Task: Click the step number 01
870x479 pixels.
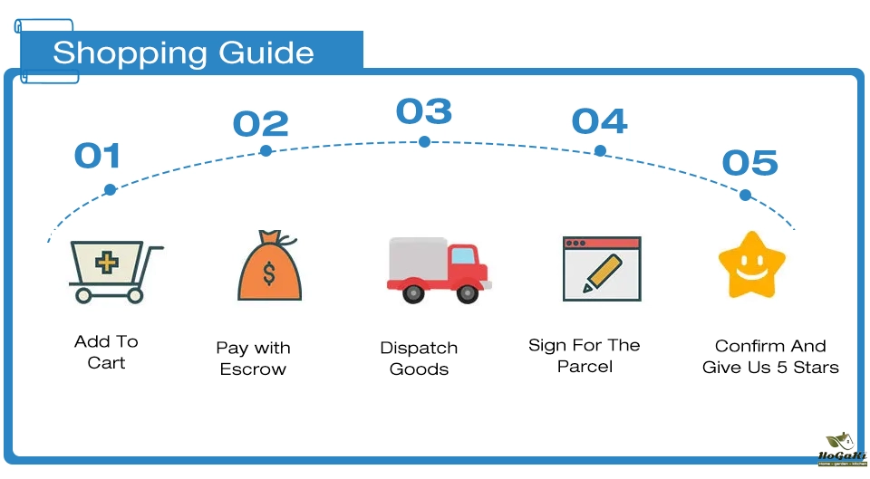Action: click(97, 156)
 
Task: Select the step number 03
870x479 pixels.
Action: click(423, 111)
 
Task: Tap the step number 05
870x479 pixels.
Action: click(749, 163)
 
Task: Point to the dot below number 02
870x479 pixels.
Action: click(266, 150)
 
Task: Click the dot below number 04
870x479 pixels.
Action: click(600, 150)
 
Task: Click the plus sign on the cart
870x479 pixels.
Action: click(107, 263)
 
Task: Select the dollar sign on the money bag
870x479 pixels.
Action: click(269, 273)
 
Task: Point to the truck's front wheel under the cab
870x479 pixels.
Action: click(468, 292)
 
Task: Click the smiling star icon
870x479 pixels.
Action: click(751, 265)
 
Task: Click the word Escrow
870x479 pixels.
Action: click(253, 369)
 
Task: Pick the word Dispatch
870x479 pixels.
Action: click(419, 348)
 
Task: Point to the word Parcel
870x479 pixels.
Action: click(585, 367)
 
